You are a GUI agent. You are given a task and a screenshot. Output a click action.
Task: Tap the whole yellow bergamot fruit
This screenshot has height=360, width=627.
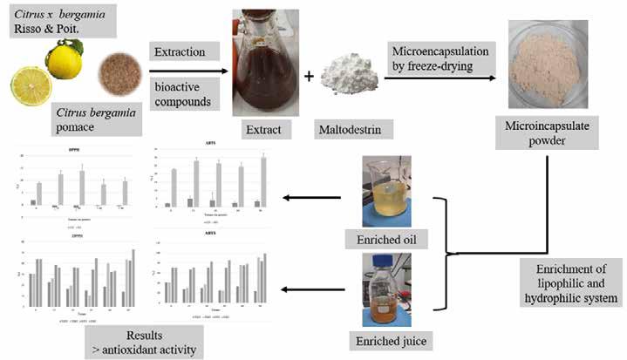tap(64, 63)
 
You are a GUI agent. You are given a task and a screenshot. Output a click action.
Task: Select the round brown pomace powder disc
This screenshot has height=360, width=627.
tap(117, 71)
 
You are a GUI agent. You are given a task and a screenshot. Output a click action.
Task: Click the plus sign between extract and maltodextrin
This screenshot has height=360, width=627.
tap(309, 77)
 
